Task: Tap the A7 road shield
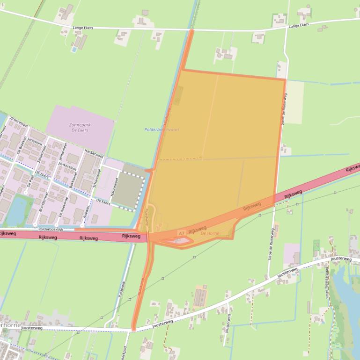(x=181, y=233)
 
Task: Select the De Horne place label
(x=209, y=233)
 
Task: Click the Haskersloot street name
(x=94, y=152)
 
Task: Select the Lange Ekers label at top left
(x=83, y=28)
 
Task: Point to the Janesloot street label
(x=35, y=141)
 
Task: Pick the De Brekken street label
(x=22, y=145)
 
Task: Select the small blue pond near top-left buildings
(x=74, y=49)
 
